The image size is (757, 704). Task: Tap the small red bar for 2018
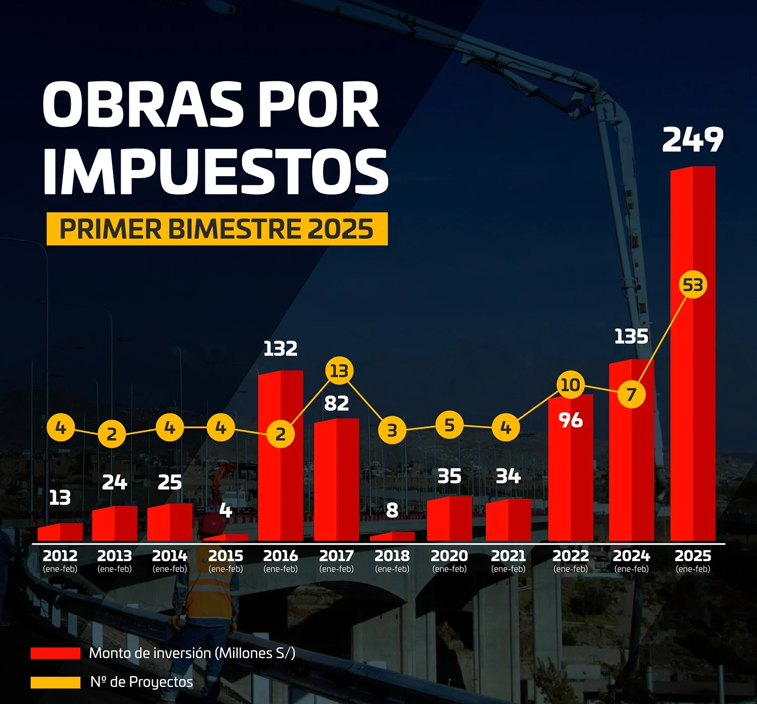tap(392, 536)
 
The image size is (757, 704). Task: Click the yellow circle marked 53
tap(693, 285)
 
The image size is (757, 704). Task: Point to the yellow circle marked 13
tap(339, 371)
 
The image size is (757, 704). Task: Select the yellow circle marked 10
tap(570, 385)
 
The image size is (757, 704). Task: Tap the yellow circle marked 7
tap(631, 394)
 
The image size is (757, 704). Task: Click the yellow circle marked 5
tap(449, 425)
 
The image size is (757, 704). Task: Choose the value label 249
tap(692, 140)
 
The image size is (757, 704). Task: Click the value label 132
tap(281, 348)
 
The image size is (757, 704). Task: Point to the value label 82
tap(337, 403)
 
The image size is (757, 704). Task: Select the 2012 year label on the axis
tap(60, 556)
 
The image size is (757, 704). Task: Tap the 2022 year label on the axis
tap(570, 556)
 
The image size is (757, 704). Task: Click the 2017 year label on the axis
tap(337, 556)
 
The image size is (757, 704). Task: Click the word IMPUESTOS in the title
tap(216, 172)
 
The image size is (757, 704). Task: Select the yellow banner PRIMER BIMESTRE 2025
tap(217, 229)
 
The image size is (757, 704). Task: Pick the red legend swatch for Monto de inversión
tap(56, 654)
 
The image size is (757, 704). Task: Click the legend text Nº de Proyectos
tap(141, 682)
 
